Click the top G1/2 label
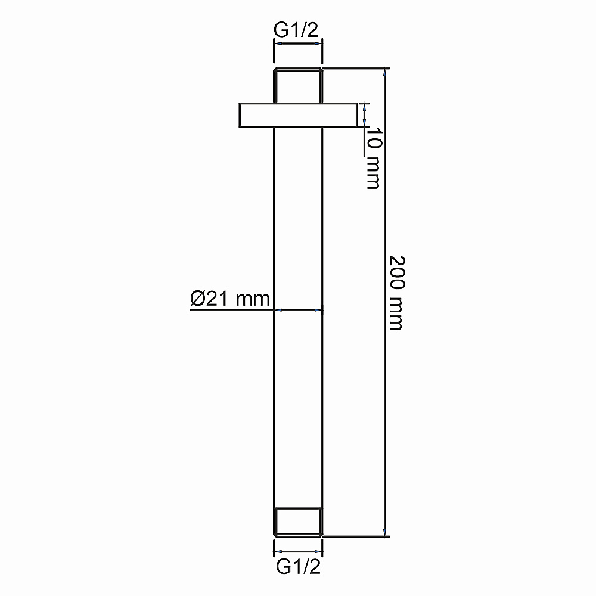pyautogui.click(x=296, y=30)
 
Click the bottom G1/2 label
pyautogui.click(x=299, y=567)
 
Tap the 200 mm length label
pyautogui.click(x=397, y=293)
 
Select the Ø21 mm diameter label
pyautogui.click(x=230, y=299)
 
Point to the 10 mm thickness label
pyautogui.click(x=374, y=158)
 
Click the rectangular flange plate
pyautogui.click(x=298, y=115)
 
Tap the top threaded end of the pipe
pyautogui.click(x=298, y=85)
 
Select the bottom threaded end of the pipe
pyautogui.click(x=298, y=521)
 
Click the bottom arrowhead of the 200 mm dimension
pyautogui.click(x=385, y=532)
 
